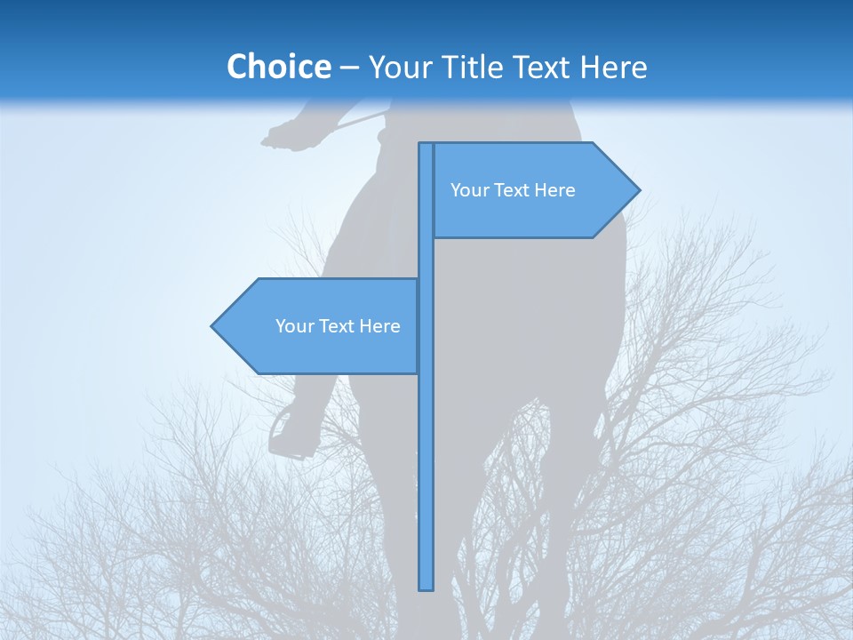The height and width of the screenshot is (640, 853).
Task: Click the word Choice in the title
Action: coord(278,67)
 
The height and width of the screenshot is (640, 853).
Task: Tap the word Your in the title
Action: coord(399,67)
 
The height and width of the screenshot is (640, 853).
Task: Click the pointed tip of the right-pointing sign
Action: coord(637,190)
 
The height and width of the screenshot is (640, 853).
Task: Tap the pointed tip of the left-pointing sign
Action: coord(213,326)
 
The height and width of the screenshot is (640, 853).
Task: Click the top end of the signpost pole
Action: coord(426,145)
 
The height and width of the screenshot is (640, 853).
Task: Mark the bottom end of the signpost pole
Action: coord(426,588)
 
